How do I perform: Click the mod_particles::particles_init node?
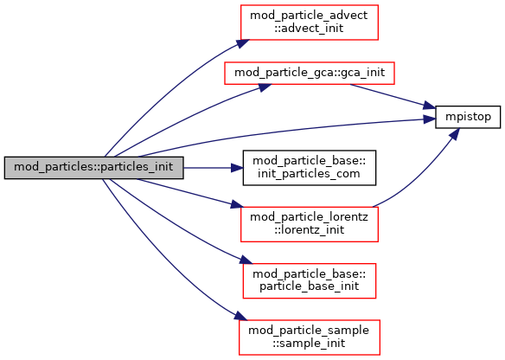(93, 168)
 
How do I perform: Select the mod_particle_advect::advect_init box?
(310, 22)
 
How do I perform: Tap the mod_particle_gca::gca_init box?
(310, 74)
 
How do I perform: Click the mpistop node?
(468, 117)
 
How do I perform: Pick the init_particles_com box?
(310, 168)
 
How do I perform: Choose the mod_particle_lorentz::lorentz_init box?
(310, 224)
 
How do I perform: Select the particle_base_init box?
(310, 280)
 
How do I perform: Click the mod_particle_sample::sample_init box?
(310, 337)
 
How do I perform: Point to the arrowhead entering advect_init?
(243, 43)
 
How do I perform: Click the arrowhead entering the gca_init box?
(265, 87)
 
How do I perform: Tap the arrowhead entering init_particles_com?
(237, 168)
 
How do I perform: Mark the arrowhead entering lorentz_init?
(237, 204)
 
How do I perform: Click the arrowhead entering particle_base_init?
(246, 260)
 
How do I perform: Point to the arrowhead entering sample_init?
(241, 316)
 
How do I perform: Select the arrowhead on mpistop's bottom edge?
(454, 133)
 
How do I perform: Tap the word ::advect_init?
(310, 29)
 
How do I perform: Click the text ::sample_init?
(310, 344)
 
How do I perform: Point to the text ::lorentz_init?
(310, 230)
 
